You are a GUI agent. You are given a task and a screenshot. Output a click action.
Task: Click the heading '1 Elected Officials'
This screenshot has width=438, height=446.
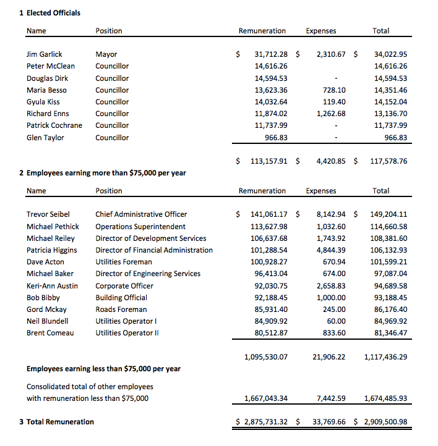click(50, 12)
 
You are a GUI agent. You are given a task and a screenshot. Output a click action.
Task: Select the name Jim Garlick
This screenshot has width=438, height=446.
click(44, 54)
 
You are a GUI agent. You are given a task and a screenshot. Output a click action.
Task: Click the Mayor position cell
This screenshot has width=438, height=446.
click(106, 54)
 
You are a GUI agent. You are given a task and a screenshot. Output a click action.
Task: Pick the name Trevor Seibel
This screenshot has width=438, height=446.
click(48, 214)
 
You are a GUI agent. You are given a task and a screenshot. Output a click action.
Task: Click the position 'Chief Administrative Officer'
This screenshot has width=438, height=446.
click(141, 214)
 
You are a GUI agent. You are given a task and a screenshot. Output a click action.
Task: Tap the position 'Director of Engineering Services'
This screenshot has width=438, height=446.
click(148, 274)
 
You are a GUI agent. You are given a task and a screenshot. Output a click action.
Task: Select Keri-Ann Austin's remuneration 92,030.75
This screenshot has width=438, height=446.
click(271, 286)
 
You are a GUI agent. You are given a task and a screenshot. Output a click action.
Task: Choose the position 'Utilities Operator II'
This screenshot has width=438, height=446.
click(127, 333)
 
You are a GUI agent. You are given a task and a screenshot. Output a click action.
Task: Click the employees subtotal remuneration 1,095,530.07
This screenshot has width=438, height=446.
click(266, 357)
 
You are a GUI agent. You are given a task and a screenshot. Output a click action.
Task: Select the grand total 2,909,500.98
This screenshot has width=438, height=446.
click(384, 422)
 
